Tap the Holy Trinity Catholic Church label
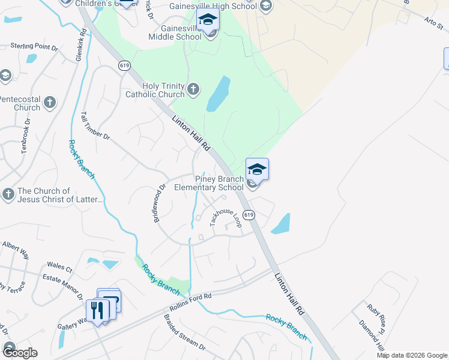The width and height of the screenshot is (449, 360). [x=155, y=90]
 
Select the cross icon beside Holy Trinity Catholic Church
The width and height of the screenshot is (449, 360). [x=193, y=89]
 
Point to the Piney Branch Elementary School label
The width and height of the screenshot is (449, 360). [x=209, y=183]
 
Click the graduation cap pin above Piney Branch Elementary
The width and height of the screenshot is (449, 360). [x=257, y=169]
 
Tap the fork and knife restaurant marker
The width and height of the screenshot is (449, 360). [x=96, y=310]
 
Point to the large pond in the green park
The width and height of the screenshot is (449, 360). [x=218, y=94]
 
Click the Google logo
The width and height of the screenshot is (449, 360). [x=19, y=353]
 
